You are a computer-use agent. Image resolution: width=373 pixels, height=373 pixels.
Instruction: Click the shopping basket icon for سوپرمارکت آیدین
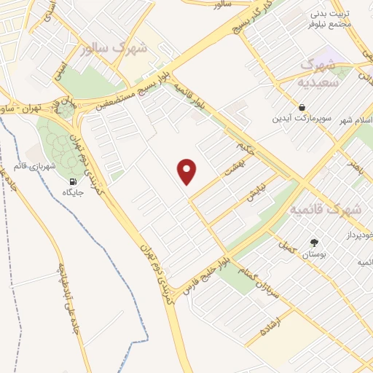[302, 107]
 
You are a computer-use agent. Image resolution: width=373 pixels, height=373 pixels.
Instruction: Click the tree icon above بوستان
[314, 243]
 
